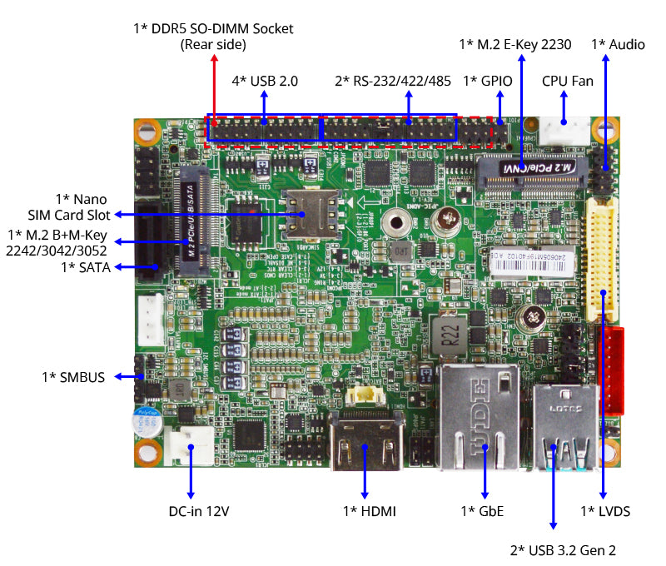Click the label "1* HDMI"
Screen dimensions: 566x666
(370, 510)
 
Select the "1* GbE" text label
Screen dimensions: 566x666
(483, 510)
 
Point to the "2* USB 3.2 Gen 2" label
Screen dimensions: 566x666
(563, 550)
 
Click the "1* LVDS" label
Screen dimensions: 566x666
(605, 510)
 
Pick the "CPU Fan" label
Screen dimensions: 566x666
(568, 81)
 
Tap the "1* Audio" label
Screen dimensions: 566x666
(618, 44)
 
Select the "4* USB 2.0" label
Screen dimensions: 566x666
(265, 81)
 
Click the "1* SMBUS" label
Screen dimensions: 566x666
(73, 377)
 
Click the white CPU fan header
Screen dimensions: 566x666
(564, 132)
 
